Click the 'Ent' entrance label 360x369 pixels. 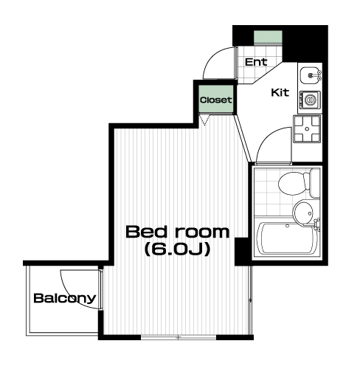click(256, 62)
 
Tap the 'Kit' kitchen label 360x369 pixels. click(280, 93)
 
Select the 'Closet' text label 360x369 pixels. click(215, 100)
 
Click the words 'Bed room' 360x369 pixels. click(177, 232)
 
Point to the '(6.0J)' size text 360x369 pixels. click(177, 249)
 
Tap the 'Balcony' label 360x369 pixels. click(64, 298)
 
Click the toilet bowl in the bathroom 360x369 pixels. click(294, 184)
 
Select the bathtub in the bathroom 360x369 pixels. click(287, 238)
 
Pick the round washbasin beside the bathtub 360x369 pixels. click(303, 213)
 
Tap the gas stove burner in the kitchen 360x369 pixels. click(307, 128)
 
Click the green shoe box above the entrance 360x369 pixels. click(268, 37)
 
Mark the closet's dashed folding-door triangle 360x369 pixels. click(204, 120)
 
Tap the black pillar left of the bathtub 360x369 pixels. click(241, 251)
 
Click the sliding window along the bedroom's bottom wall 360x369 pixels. click(179, 337)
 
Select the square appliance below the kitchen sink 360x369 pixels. click(310, 100)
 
